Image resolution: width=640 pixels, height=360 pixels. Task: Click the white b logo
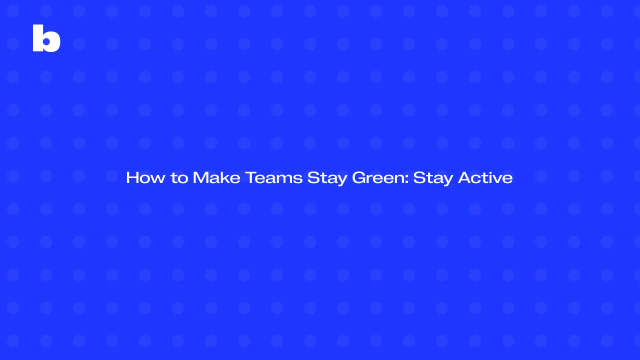[x=46, y=38]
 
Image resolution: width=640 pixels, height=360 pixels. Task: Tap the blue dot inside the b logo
[x=47, y=42]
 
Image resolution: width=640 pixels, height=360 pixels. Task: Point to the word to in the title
[x=179, y=178]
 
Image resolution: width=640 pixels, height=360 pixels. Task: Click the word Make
[x=216, y=177]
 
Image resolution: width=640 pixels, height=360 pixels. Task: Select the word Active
[x=485, y=177]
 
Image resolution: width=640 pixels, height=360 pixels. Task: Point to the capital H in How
[x=132, y=177]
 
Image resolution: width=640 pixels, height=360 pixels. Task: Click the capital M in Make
[x=200, y=177]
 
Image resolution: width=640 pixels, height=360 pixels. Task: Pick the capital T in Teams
[x=250, y=177]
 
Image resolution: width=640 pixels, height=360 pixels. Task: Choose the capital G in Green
[x=360, y=177]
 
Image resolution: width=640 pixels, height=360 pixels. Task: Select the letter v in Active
[x=498, y=178]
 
